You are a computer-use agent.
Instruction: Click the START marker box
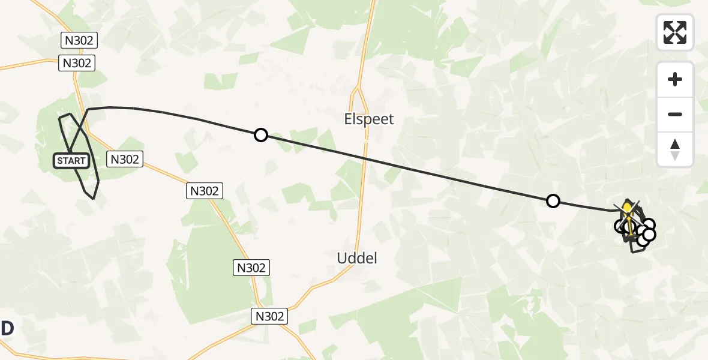pos(71,161)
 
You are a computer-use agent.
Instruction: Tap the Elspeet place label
pos(369,119)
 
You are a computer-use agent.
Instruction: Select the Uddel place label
pos(356,258)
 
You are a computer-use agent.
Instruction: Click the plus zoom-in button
pos(675,79)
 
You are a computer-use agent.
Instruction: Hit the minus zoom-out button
pos(675,114)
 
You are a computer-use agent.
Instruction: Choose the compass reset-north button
pos(675,149)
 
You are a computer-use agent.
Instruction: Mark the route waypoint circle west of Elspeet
pos(260,135)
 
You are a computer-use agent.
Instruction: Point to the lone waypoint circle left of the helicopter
pos(553,201)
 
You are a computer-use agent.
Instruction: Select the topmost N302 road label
pos(79,40)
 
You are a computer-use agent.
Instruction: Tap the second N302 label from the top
pos(77,63)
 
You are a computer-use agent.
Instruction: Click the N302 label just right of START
pos(125,159)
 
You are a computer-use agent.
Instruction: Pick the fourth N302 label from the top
pos(205,191)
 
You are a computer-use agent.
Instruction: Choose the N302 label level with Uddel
pos(251,268)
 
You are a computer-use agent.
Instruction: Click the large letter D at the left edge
pos(7,329)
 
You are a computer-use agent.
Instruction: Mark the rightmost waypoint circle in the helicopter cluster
pos(649,234)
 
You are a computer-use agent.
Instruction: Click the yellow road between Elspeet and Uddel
pos(362,192)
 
